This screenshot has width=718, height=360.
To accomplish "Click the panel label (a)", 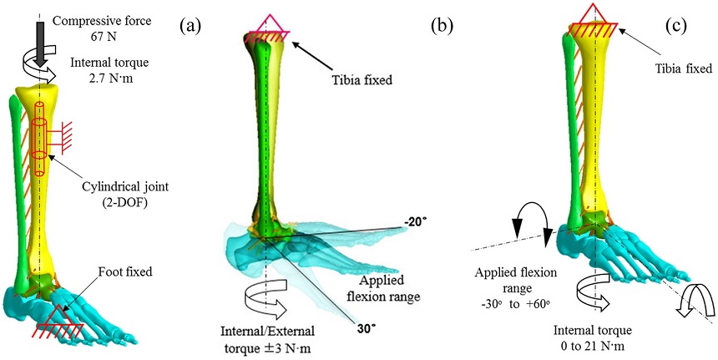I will pos(191,26).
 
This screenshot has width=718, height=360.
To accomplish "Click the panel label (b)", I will pos(441,26).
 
